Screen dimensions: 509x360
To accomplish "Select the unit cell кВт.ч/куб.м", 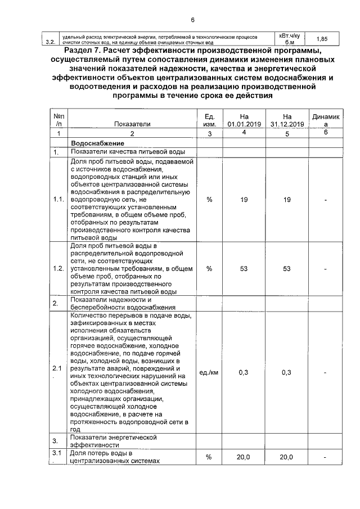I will pyautogui.click(x=289, y=39).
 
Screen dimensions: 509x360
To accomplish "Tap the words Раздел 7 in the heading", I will pyautogui.click(x=85, y=52).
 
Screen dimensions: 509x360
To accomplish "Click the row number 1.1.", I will pyautogui.click(x=58, y=200).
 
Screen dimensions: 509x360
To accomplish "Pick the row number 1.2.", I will pyautogui.click(x=58, y=269).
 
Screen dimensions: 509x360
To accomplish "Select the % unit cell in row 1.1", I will pyautogui.click(x=209, y=200).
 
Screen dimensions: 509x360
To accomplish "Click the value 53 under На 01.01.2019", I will pyautogui.click(x=243, y=269).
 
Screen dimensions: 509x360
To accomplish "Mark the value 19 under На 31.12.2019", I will pyautogui.click(x=286, y=200).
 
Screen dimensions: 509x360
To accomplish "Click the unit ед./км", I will pyautogui.click(x=209, y=372).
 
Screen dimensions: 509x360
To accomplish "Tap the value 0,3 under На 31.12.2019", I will pyautogui.click(x=286, y=372).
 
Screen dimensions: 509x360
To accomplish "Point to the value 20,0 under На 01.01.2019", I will pyautogui.click(x=243, y=457).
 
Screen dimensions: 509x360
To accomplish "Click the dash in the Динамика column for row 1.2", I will pyautogui.click(x=326, y=269).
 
